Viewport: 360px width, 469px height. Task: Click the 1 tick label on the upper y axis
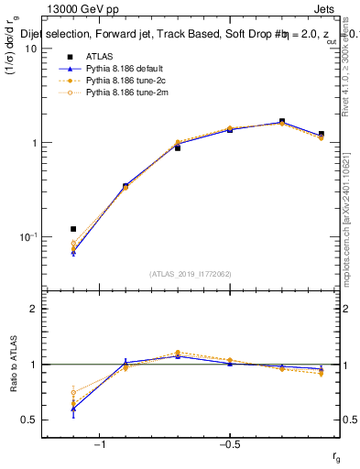click(x=34, y=143)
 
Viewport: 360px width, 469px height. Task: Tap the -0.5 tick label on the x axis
click(x=229, y=445)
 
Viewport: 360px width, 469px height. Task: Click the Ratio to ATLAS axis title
click(x=13, y=365)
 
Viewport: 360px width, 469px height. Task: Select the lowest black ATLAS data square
click(x=73, y=229)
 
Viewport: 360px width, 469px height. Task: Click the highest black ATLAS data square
click(x=282, y=121)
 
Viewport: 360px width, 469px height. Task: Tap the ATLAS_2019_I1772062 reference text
click(x=190, y=274)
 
